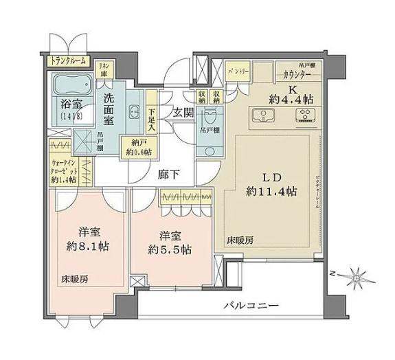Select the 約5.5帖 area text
pyautogui.click(x=166, y=246)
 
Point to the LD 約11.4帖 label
pyautogui.click(x=272, y=183)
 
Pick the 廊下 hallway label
pyautogui.click(x=169, y=175)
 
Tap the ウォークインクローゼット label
pyautogui.click(x=64, y=172)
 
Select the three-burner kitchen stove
pyautogui.click(x=303, y=115)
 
